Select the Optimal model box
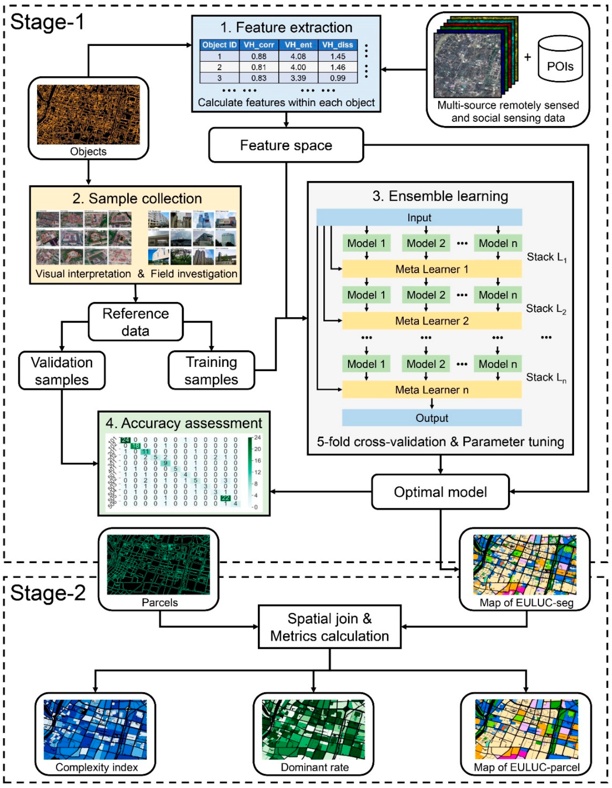click(x=440, y=492)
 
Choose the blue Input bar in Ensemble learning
click(x=419, y=218)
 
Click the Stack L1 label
click(x=546, y=257)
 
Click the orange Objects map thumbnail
click(x=88, y=114)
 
